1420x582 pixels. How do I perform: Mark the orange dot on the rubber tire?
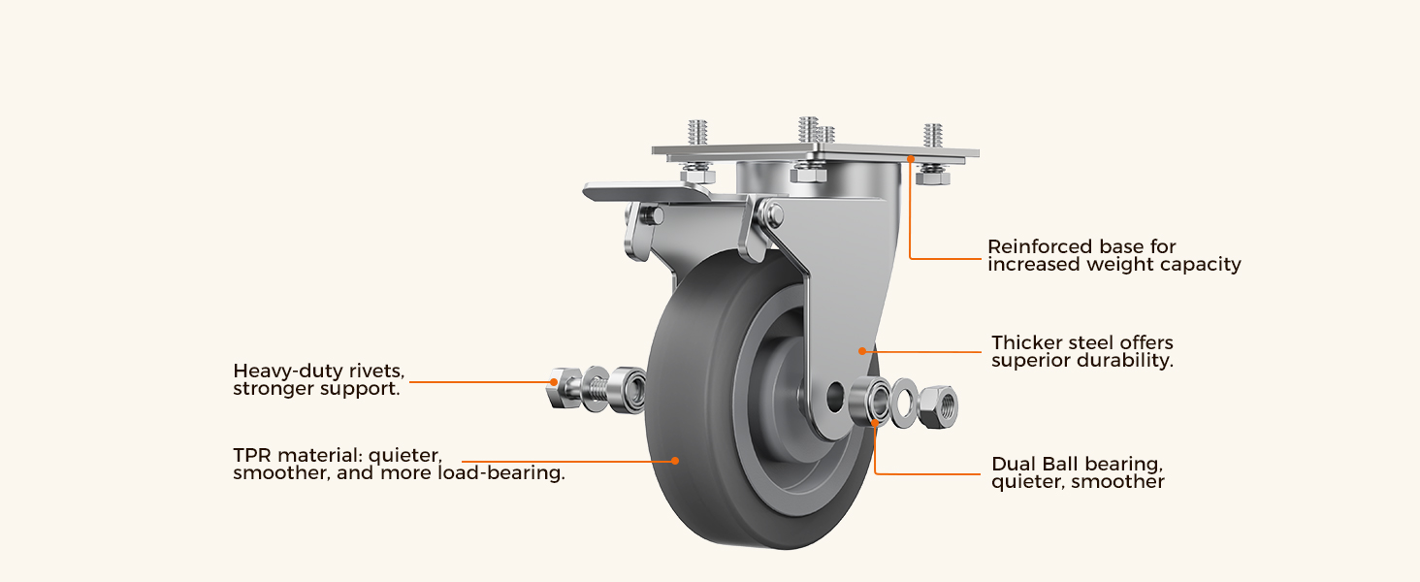(675, 461)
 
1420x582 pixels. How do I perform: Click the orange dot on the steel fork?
(862, 351)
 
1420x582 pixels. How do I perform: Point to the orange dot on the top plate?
(911, 158)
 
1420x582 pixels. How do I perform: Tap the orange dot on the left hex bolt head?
(554, 382)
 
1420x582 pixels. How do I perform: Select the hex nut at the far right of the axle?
(938, 406)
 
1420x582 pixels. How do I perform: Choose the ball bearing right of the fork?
(870, 401)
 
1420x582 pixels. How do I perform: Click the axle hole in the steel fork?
(835, 395)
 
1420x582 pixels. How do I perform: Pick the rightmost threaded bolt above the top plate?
(932, 136)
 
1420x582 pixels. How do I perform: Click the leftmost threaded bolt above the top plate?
(698, 133)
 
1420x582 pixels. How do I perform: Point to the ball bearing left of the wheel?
(628, 389)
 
